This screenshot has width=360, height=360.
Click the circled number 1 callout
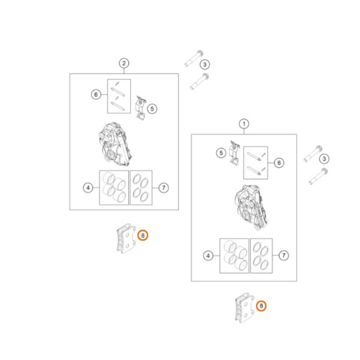pos(244,124)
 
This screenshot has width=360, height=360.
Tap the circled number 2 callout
pos(124,63)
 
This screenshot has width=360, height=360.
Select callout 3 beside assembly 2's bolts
pos(205,64)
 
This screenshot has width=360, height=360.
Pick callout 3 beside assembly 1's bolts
pos(324,159)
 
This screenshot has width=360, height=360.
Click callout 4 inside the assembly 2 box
pos(88,188)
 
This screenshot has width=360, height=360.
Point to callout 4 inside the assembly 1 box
pos(208,256)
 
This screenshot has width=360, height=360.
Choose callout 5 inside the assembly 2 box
pos(152,108)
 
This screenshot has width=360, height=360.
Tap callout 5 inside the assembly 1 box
pos(221,153)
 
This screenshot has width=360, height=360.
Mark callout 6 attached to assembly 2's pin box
pos(96,94)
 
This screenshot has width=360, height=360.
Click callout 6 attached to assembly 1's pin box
pos(279,163)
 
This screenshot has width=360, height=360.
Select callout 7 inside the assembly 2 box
pos(163,188)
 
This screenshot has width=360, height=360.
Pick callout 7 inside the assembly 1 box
pos(284,255)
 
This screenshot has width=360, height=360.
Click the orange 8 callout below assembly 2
pos(143,235)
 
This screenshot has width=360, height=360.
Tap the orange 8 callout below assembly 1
pos(261,306)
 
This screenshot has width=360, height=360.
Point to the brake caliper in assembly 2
pos(115,144)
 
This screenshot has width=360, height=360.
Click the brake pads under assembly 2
pos(126,238)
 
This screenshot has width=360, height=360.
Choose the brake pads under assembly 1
pos(244,308)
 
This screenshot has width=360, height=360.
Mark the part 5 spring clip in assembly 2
pos(141,107)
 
